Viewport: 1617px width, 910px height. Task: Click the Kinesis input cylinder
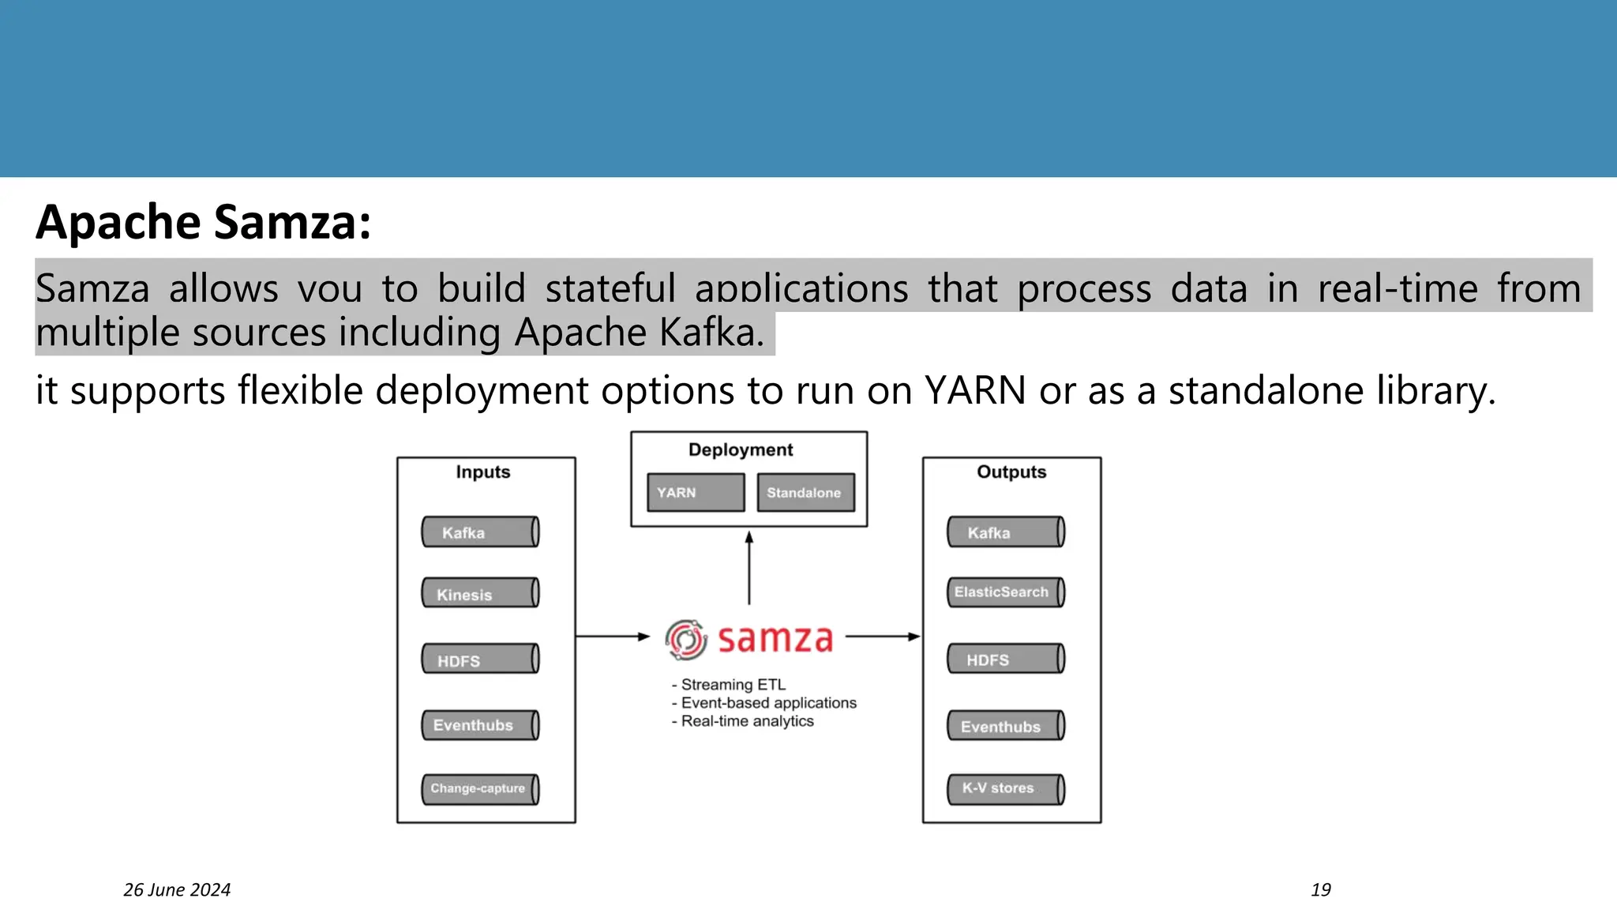pyautogui.click(x=480, y=593)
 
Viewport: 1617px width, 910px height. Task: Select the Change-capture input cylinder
pyautogui.click(x=480, y=789)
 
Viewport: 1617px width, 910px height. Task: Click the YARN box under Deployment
pyautogui.click(x=696, y=492)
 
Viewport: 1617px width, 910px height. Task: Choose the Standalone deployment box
pyautogui.click(x=805, y=492)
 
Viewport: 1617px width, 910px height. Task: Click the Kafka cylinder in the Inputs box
pyautogui.click(x=480, y=532)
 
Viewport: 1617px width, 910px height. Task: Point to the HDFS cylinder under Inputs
pyautogui.click(x=480, y=659)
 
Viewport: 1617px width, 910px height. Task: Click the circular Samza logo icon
pyautogui.click(x=685, y=639)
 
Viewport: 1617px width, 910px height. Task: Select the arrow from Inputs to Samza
pyautogui.click(x=613, y=636)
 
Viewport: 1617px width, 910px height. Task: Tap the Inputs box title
pyautogui.click(x=483, y=472)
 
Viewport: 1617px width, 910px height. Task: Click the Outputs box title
pyautogui.click(x=1011, y=472)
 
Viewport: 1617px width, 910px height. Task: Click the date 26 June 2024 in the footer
pyautogui.click(x=177, y=890)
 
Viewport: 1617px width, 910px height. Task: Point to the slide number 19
pyautogui.click(x=1321, y=890)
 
